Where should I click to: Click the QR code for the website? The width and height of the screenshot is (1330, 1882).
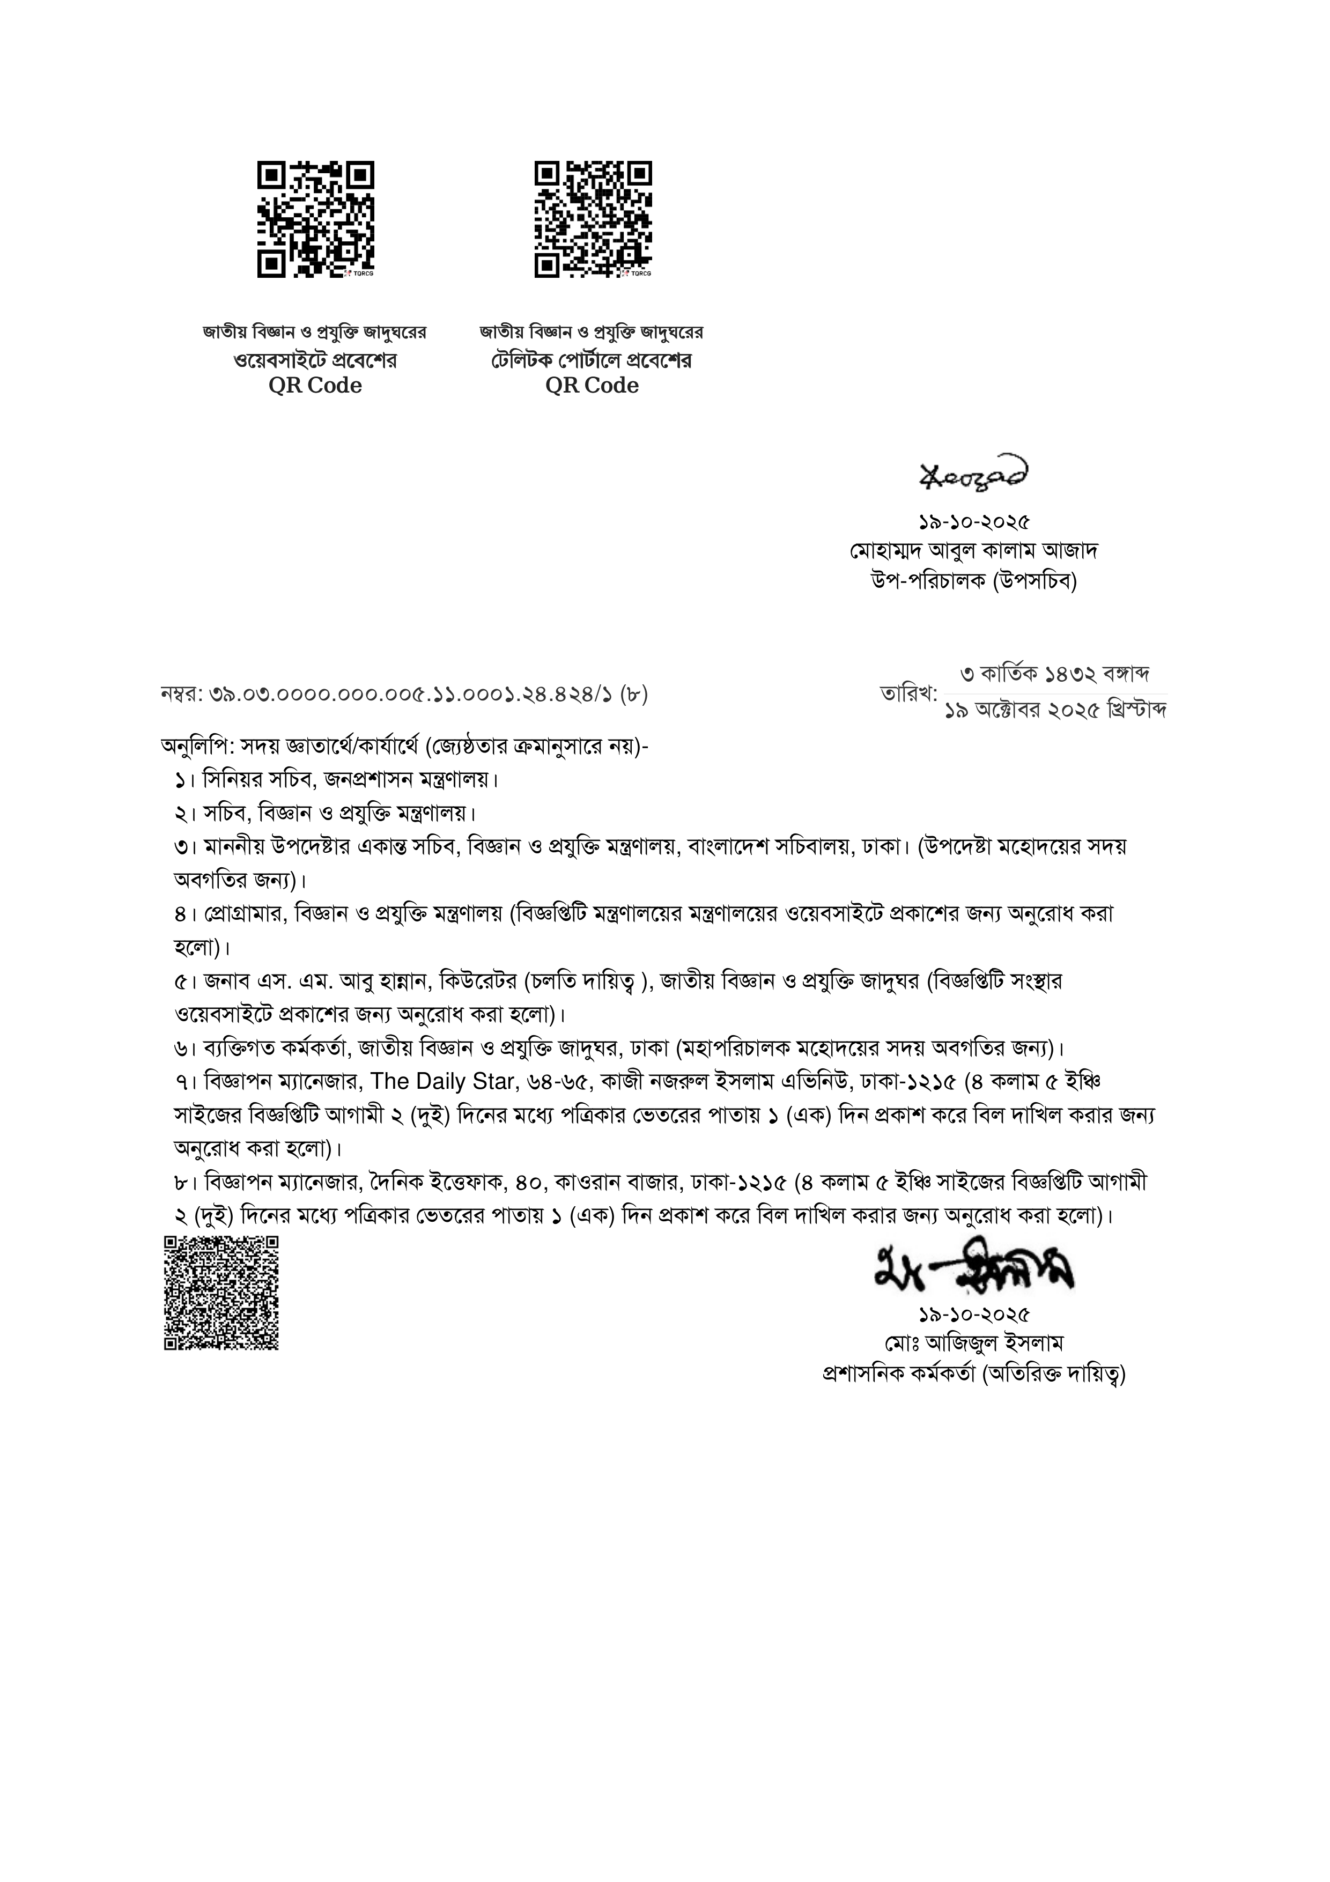315,219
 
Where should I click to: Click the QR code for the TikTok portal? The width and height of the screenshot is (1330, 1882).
593,219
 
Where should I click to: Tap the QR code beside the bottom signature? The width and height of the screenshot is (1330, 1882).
221,1292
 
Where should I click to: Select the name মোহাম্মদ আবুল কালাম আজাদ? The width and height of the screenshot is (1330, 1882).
973,550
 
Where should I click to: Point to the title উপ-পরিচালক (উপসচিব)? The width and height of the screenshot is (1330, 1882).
973,581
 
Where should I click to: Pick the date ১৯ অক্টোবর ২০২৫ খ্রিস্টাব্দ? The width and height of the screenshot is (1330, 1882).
1055,711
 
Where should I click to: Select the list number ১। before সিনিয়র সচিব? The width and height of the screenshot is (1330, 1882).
183,779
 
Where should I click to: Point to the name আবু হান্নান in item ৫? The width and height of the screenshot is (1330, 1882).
391,981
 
